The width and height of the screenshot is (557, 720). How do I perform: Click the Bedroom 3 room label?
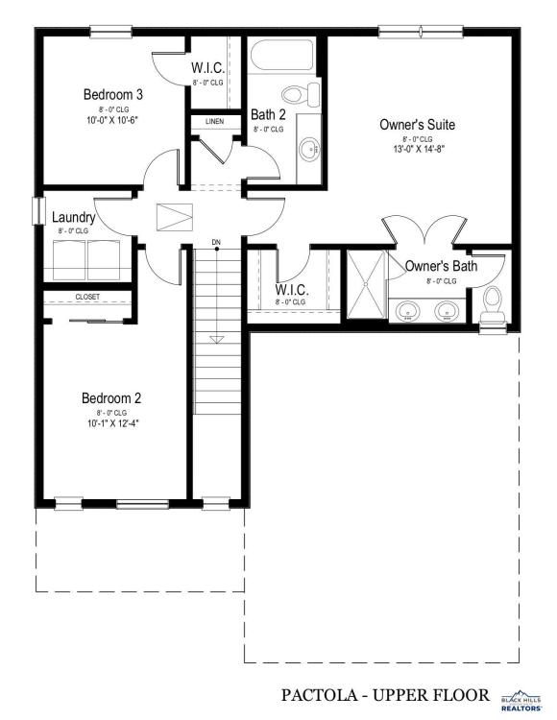coord(113,95)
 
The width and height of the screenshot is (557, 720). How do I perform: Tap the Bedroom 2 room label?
coord(111,398)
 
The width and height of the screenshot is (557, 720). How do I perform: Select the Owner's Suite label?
coord(418,125)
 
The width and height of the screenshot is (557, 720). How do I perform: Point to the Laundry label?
coord(74,217)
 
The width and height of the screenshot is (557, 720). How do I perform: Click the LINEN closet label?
coord(214,121)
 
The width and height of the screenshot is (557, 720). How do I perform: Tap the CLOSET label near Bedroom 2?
coord(87,297)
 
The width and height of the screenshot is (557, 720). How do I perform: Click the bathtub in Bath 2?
coord(282,55)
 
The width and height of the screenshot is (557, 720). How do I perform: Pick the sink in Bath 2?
coord(309,149)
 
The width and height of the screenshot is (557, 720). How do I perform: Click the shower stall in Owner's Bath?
coord(366,284)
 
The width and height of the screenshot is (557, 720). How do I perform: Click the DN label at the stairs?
coord(216,242)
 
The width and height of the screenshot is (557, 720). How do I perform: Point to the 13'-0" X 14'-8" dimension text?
coord(419,149)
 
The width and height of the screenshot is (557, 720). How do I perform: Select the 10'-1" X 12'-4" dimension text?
coord(113,423)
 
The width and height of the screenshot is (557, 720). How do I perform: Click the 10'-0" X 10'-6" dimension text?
coord(112,120)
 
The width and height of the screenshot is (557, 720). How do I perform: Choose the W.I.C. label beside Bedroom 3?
coord(208,68)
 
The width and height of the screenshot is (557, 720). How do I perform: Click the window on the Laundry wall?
coord(38,211)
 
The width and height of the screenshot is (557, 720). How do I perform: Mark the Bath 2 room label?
coord(268,114)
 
